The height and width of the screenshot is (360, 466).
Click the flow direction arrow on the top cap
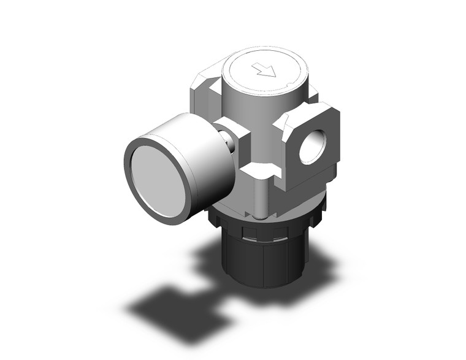coord(267,71)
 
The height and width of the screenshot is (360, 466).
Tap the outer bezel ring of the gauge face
coord(131,184)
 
